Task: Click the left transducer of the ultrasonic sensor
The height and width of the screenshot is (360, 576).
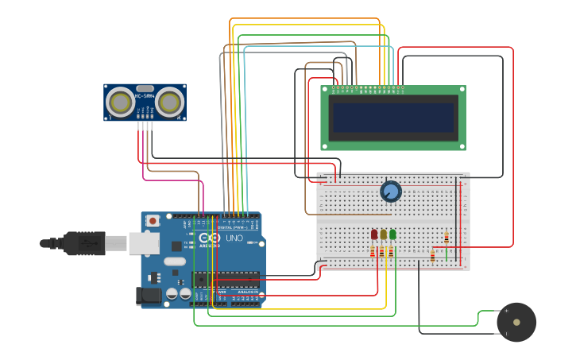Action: coord(121,102)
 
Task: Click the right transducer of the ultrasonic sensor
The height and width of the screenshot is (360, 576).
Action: coord(169,102)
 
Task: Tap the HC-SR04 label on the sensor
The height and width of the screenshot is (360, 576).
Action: coord(145,97)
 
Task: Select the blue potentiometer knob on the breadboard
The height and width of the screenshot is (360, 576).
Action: coord(390,192)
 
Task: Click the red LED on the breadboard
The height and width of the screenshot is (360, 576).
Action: coord(374,234)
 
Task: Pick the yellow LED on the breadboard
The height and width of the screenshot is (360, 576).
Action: coord(384,234)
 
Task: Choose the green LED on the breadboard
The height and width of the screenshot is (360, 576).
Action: coord(392,234)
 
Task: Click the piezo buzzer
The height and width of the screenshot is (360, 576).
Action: coord(516,322)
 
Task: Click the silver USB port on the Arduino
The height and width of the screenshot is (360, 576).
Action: coord(144,243)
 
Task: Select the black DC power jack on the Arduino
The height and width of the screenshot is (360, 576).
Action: coord(149,296)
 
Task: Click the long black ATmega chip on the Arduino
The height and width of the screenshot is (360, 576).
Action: coord(226,280)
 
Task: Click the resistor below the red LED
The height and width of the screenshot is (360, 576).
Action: coord(373,252)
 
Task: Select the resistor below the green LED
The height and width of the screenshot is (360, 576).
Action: coord(391,252)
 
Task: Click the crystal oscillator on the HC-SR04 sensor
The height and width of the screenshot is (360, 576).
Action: coord(145,88)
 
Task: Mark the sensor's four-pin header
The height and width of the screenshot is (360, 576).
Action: coord(145,124)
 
